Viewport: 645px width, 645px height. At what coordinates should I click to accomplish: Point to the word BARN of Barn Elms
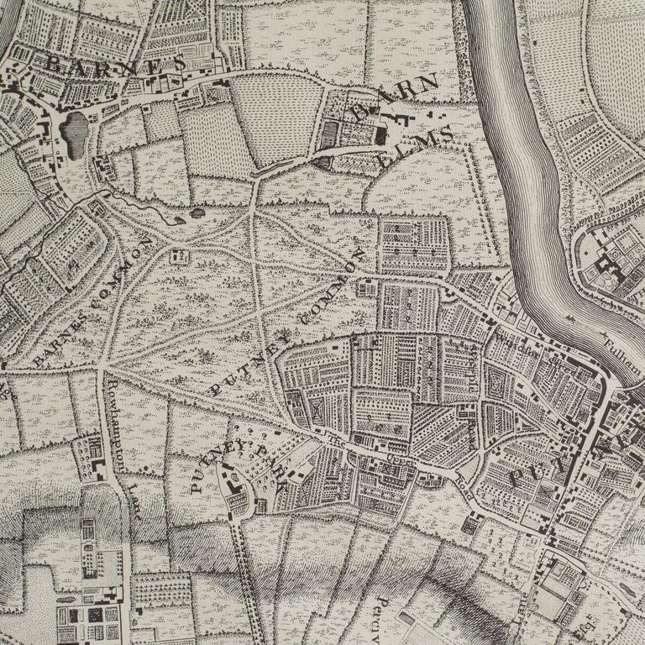tap(395, 99)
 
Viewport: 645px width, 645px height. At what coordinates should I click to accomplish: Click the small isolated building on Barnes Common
tap(177, 255)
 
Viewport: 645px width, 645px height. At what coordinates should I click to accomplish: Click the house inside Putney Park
tap(234, 485)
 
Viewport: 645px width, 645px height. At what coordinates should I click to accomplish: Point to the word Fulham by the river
tap(622, 349)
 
